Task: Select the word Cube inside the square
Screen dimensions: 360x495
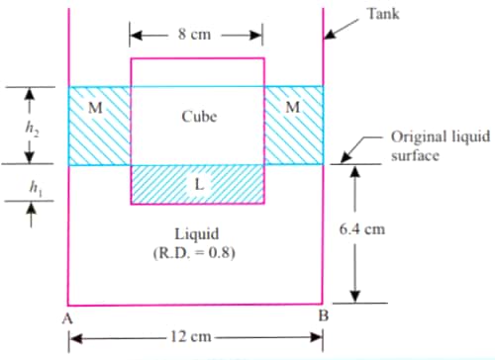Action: pyautogui.click(x=199, y=117)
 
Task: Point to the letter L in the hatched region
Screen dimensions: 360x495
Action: pyautogui.click(x=198, y=185)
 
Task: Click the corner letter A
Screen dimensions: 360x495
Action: pyautogui.click(x=64, y=316)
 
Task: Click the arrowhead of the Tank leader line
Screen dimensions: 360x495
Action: pyautogui.click(x=330, y=37)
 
